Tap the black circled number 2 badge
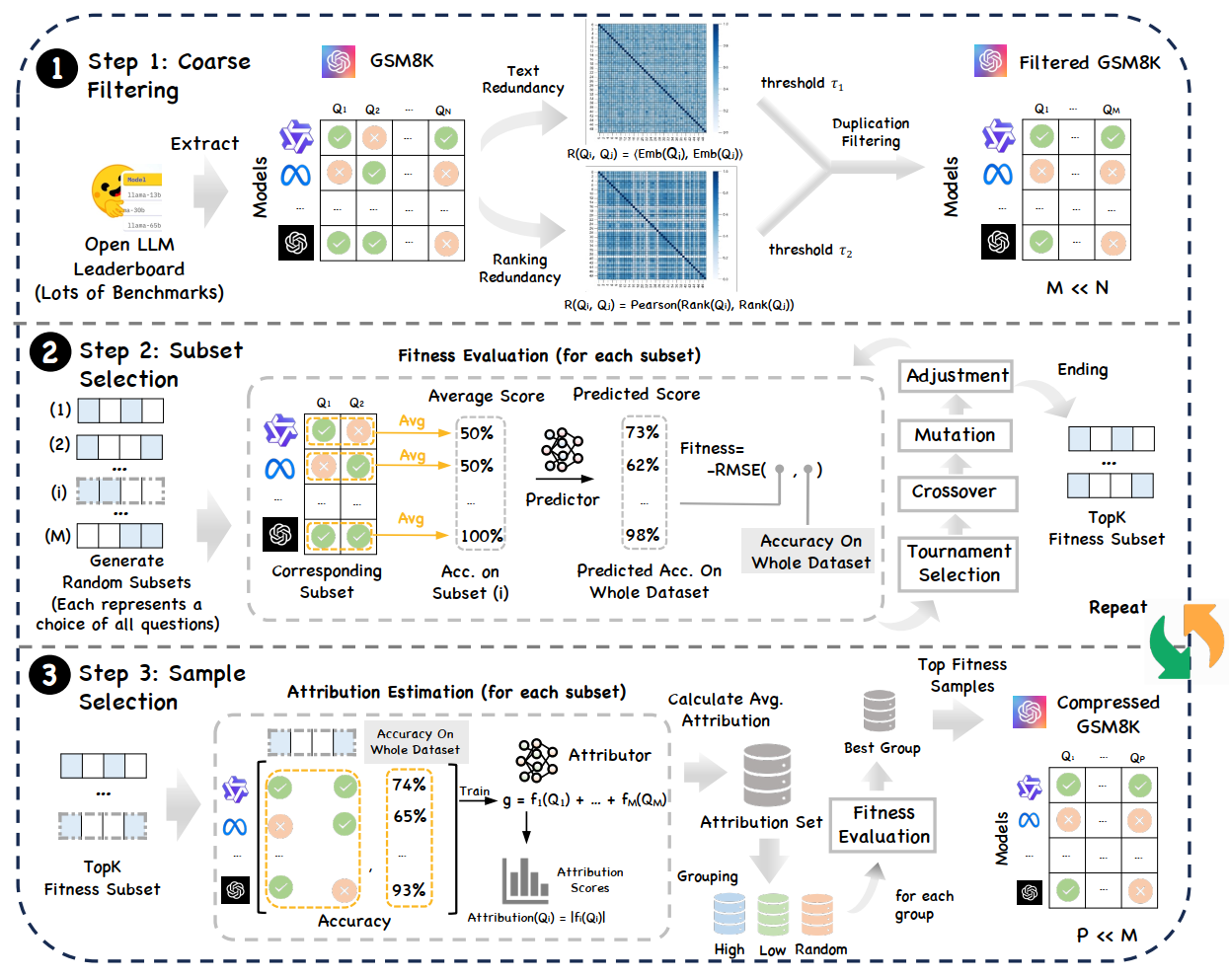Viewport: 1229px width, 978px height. pos(49,352)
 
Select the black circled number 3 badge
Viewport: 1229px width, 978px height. pos(49,676)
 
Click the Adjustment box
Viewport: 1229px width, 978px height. pos(957,376)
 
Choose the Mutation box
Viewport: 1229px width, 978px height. pos(955,435)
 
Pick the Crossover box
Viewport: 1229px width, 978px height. pos(955,491)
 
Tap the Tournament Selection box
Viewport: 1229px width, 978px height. pos(959,564)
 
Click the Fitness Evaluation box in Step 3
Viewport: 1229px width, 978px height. pos(883,825)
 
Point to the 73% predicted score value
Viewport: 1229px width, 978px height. pos(642,432)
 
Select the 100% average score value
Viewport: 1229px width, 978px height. pos(481,536)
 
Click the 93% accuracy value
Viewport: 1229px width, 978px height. pos(409,889)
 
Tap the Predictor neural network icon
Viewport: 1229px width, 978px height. pos(562,451)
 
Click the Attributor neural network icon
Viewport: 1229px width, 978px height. pos(537,759)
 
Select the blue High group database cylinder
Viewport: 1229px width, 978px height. pos(730,914)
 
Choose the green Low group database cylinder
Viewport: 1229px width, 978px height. pos(773,914)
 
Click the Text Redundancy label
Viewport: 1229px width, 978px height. pos(522,79)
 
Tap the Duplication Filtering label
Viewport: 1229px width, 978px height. pos(871,132)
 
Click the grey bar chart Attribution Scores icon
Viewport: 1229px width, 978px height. pos(524,880)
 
